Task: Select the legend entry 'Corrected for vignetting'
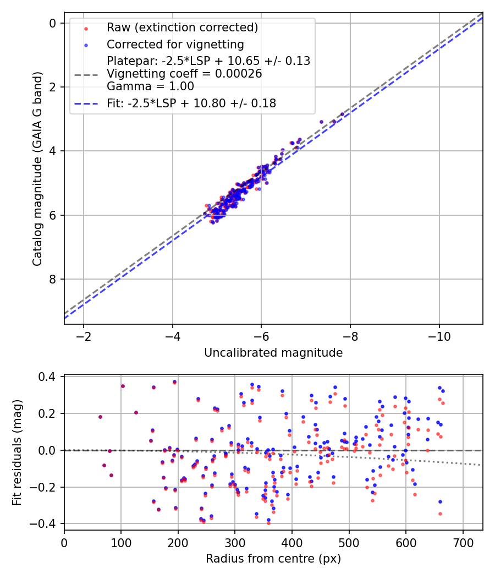pos(175,44)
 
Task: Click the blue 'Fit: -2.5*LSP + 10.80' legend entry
pos(191,103)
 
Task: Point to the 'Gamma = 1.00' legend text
pos(150,86)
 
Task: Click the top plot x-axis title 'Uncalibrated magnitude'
pos(273,353)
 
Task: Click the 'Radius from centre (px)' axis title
pos(273,559)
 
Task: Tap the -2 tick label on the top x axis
pos(84,336)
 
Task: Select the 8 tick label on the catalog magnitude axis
pos(53,280)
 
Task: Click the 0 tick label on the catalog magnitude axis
pos(53,23)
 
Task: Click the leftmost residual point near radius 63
pos(100,417)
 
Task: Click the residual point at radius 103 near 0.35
pos(123,386)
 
